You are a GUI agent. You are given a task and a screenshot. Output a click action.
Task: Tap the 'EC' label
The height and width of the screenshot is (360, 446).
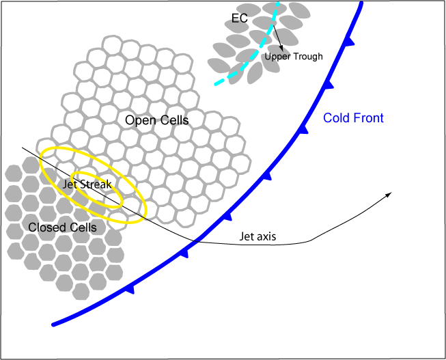click(x=239, y=18)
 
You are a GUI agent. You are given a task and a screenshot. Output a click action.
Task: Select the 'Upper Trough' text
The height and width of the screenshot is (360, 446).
click(x=293, y=57)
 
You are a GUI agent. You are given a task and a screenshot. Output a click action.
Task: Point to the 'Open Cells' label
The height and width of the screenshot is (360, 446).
click(x=156, y=120)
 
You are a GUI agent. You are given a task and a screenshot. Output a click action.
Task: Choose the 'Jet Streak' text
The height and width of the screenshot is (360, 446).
click(x=92, y=184)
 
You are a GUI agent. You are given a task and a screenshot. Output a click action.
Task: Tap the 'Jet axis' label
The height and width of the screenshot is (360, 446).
click(x=258, y=238)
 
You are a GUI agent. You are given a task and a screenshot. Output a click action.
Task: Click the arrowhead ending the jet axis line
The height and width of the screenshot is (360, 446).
click(x=389, y=195)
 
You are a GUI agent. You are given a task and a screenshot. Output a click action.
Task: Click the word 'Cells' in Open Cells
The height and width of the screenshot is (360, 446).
click(x=173, y=120)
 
